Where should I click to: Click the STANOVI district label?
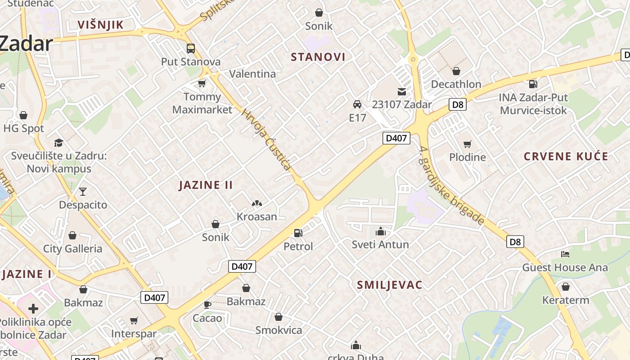[318, 57]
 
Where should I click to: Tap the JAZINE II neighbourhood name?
[206, 185]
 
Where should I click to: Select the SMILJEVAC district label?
[390, 285]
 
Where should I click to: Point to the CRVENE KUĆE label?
[566, 157]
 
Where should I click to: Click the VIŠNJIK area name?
[100, 25]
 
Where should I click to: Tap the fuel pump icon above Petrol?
[298, 233]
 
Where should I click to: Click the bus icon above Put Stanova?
[191, 48]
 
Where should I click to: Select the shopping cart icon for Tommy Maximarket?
[202, 83]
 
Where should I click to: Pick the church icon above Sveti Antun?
[381, 231]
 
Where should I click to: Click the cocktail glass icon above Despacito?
[83, 192]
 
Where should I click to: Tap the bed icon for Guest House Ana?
[565, 254]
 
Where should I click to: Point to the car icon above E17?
[357, 104]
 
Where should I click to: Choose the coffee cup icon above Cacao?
[207, 305]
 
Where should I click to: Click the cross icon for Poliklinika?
[33, 309]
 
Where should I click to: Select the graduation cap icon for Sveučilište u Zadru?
[58, 143]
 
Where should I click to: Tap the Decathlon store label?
[456, 84]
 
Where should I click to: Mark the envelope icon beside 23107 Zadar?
[401, 92]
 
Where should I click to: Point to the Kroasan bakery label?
[257, 216]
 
